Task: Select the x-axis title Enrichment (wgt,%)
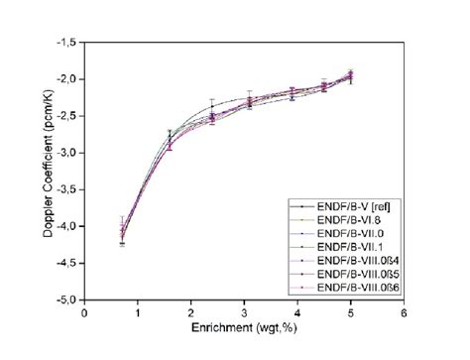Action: click(x=243, y=327)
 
